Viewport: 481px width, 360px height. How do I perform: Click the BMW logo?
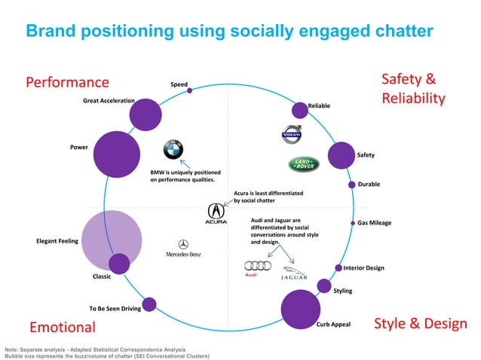pyautogui.click(x=173, y=150)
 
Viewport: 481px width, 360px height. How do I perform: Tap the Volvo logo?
pyautogui.click(x=291, y=136)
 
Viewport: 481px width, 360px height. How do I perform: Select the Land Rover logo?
pyautogui.click(x=304, y=164)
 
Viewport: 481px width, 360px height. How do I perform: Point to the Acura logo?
pyautogui.click(x=216, y=213)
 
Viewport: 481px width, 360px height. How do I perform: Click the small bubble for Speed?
pyautogui.click(x=189, y=90)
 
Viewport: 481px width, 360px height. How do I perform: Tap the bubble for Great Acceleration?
pyautogui.click(x=145, y=114)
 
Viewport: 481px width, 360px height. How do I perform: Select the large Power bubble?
pyautogui.click(x=116, y=154)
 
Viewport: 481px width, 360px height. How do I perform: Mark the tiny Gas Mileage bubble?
pyautogui.click(x=352, y=223)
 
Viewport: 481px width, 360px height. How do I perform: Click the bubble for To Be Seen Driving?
pyautogui.click(x=149, y=304)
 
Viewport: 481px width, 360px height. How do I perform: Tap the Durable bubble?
pyautogui.click(x=351, y=185)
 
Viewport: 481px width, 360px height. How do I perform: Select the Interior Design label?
pyautogui.click(x=363, y=268)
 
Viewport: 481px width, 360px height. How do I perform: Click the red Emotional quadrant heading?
pyautogui.click(x=63, y=327)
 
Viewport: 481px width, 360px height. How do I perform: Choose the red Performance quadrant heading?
pyautogui.click(x=68, y=82)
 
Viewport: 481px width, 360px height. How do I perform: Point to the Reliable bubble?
pyautogui.click(x=299, y=110)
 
